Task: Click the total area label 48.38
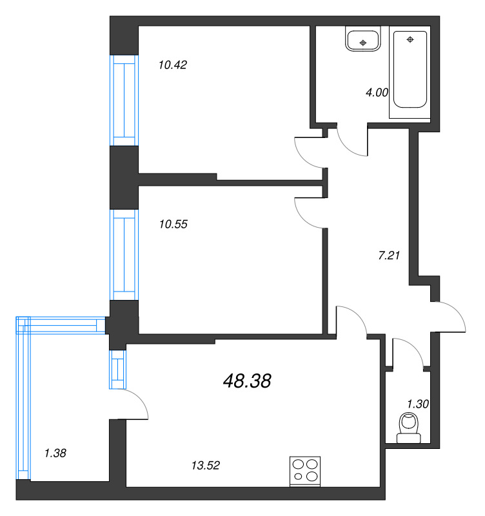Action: [x=246, y=381]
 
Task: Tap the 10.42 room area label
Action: [x=172, y=64]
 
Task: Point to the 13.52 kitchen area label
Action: [x=206, y=464]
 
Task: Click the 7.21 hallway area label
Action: [x=389, y=255]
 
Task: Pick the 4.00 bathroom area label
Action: [x=377, y=92]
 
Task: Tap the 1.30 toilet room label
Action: [x=418, y=404]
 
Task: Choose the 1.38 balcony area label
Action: [x=55, y=453]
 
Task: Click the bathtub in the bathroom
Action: [x=410, y=71]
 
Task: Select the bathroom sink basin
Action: [x=363, y=41]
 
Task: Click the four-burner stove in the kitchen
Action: [x=305, y=470]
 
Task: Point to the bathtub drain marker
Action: [x=410, y=40]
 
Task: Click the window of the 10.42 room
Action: [x=124, y=100]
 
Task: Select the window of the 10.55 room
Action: [x=124, y=255]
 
